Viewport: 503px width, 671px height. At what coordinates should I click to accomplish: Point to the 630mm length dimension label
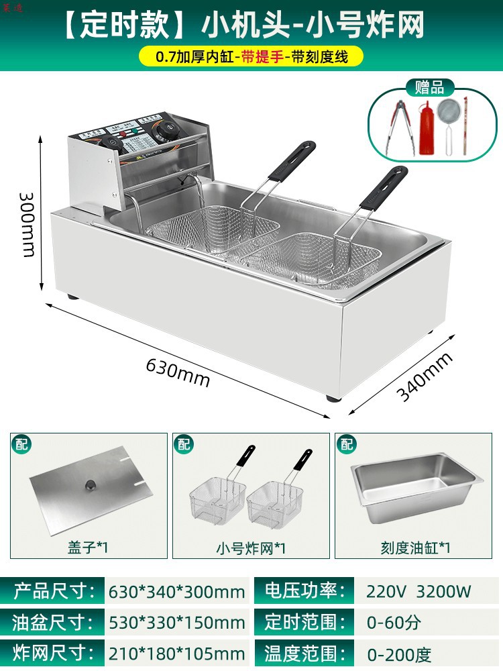(178, 374)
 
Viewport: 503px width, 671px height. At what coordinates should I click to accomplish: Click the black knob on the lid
(89, 484)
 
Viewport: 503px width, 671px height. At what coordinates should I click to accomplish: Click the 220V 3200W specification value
(418, 591)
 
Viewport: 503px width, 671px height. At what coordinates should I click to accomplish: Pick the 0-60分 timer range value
(394, 622)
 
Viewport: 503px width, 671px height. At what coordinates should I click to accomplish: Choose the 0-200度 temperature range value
(399, 654)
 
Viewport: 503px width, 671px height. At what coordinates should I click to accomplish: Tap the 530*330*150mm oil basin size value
(176, 622)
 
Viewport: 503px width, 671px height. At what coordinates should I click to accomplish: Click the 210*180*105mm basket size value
(176, 654)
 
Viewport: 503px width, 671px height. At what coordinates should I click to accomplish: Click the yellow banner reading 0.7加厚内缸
(251, 58)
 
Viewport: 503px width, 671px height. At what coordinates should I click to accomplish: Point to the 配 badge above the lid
(21, 444)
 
